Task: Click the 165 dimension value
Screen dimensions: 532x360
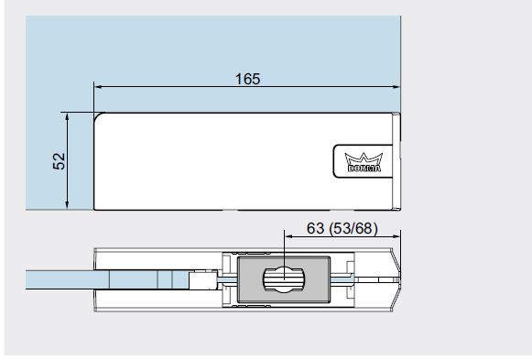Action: (x=247, y=79)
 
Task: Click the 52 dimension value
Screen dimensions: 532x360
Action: (x=59, y=161)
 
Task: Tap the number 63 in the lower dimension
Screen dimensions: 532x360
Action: (x=315, y=228)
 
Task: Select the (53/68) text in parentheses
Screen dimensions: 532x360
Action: (x=353, y=228)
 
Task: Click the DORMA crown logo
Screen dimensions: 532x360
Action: (x=364, y=162)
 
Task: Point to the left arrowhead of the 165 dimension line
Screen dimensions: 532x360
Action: (x=98, y=87)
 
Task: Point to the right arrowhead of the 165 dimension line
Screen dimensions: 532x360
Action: (x=396, y=87)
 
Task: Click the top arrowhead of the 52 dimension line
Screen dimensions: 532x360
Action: (x=67, y=116)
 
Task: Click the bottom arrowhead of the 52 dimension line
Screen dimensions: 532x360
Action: (x=67, y=205)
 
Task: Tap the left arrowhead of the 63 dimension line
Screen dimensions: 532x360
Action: (x=288, y=236)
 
